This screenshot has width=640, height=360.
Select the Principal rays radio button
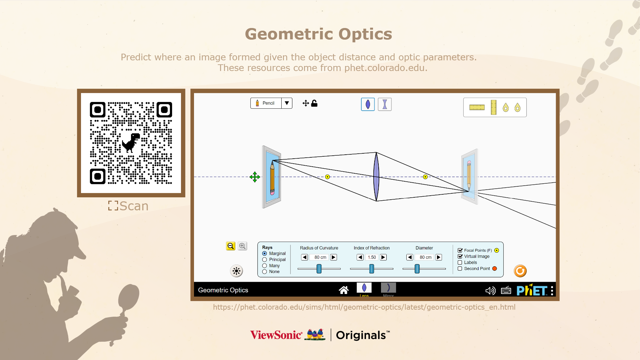[x=265, y=260]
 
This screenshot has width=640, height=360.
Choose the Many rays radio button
[x=265, y=266]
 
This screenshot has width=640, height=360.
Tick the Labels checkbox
[x=460, y=263]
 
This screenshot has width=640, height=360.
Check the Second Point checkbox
[x=460, y=269]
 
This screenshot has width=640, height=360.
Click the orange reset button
[x=520, y=271]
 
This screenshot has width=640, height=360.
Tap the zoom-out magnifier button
[x=231, y=246]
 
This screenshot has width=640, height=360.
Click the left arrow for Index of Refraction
[x=360, y=257]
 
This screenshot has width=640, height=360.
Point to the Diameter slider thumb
[x=417, y=269]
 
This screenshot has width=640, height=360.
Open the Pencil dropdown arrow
[x=287, y=103]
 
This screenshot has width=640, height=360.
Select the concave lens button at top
[x=385, y=104]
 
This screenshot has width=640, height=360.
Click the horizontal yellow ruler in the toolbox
[x=477, y=107]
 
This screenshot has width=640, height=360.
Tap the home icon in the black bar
[x=344, y=290]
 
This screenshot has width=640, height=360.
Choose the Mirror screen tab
[x=388, y=289]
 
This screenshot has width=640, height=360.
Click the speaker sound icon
[x=490, y=291]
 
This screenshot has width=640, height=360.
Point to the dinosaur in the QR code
[x=131, y=143]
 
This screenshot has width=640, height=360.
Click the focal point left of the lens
[x=327, y=177]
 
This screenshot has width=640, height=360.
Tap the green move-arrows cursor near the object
[x=255, y=177]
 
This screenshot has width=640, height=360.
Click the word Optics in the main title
[x=365, y=34]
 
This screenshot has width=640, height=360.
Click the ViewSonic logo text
[x=276, y=335]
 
